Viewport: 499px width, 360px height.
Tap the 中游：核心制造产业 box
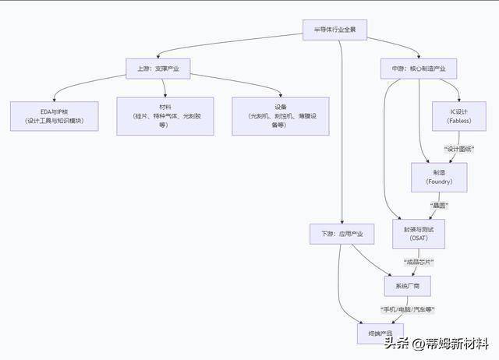418,69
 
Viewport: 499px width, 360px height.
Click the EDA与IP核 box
54,115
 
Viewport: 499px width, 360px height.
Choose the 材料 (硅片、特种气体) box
165,115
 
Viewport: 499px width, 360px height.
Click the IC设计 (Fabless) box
458,116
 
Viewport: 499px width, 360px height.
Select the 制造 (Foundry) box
439,178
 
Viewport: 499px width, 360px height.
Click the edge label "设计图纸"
461,148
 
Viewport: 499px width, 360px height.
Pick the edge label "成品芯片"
418,261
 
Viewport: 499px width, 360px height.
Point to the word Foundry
439,182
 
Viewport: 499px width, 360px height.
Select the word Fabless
458,121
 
